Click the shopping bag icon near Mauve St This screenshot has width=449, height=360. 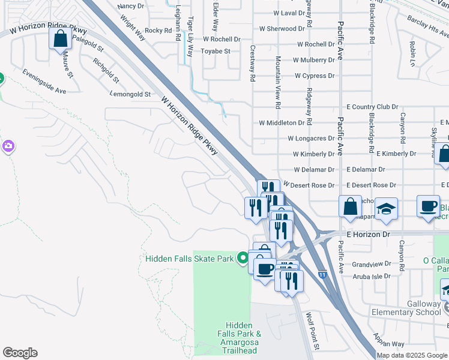(61, 40)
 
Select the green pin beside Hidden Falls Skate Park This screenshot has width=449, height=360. (243, 258)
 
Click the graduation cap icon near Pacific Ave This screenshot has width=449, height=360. (387, 209)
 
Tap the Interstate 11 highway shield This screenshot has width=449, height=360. (323, 274)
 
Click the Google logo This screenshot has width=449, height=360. (20, 353)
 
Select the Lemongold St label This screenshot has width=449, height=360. (130, 94)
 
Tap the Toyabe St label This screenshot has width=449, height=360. (215, 52)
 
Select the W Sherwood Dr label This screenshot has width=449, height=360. (282, 29)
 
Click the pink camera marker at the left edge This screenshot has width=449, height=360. (8, 146)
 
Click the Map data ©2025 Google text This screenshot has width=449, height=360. (412, 355)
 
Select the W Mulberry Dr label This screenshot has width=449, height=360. (314, 60)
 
